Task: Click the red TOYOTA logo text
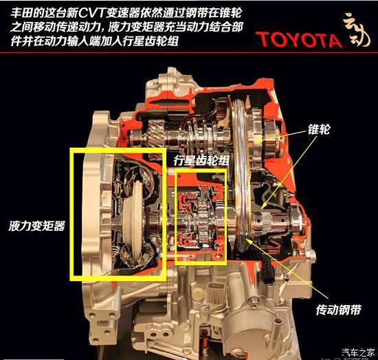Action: (x=299, y=40)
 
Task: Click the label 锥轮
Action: (x=318, y=129)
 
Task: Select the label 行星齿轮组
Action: (x=201, y=160)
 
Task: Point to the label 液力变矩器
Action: (x=36, y=226)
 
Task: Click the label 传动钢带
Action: (x=338, y=310)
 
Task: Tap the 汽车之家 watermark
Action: (x=359, y=352)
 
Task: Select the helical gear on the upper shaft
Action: (x=157, y=133)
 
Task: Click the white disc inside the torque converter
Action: (x=135, y=220)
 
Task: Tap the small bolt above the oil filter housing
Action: (x=254, y=302)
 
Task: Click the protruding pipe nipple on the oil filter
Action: (x=278, y=322)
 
